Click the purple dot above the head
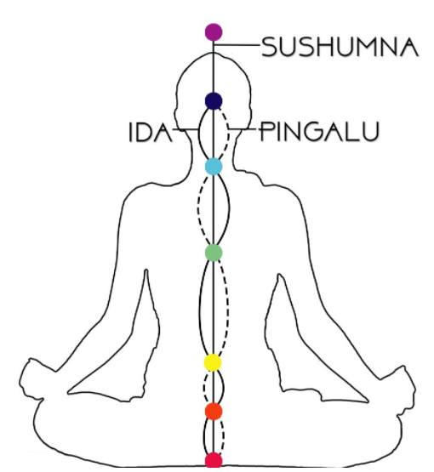tap(214, 32)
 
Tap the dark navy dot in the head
tap(214, 101)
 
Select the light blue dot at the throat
tap(214, 166)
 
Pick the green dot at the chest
tap(214, 253)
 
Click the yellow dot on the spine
tap(213, 362)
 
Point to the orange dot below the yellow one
tap(214, 411)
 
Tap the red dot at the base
tap(214, 461)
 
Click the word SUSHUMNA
tap(340, 47)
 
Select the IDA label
tap(151, 132)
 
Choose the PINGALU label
tap(319, 131)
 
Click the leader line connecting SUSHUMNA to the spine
tap(237, 45)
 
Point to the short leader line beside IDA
tap(186, 130)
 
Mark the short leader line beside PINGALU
tap(243, 129)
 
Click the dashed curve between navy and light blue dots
tap(226, 134)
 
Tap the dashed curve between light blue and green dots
tap(200, 209)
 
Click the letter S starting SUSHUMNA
tap(270, 48)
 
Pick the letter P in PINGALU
tap(266, 131)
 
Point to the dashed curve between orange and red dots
tap(223, 436)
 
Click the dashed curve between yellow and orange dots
tap(204, 387)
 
